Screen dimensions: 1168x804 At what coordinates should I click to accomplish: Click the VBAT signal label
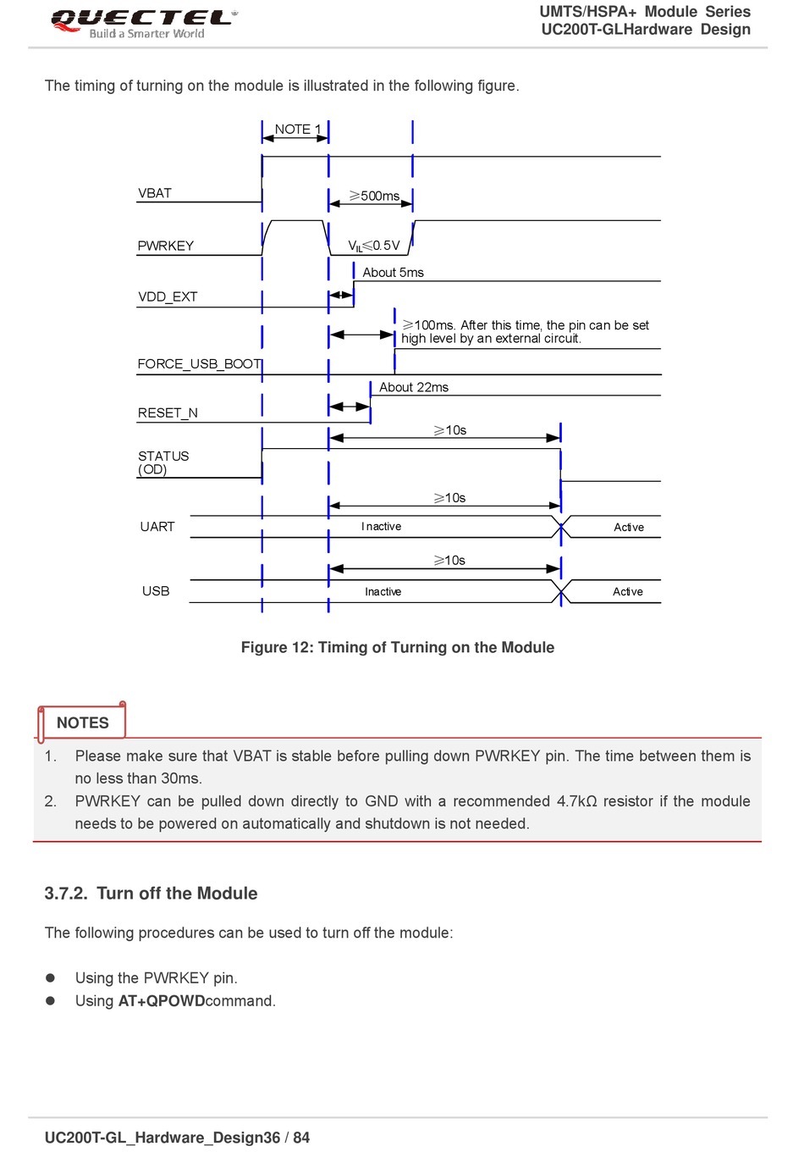(x=155, y=193)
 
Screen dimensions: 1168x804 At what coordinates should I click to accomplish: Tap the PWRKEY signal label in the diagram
(x=166, y=246)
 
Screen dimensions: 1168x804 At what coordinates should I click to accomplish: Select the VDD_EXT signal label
(x=168, y=296)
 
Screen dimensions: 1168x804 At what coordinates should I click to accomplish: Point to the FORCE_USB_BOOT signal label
(x=200, y=364)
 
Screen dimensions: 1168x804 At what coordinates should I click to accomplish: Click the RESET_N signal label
(x=168, y=413)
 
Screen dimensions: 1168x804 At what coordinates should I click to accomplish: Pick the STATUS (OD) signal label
(x=163, y=462)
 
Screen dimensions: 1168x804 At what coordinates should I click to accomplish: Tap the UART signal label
(x=157, y=527)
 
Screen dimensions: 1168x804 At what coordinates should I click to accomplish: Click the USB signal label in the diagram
(x=156, y=591)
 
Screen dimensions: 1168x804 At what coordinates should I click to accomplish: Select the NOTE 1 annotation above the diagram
(x=298, y=130)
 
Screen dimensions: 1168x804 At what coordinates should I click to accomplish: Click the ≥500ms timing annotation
(x=374, y=196)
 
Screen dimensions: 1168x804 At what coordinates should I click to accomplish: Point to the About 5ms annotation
(x=393, y=273)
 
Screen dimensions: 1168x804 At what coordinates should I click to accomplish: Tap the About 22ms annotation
(x=413, y=387)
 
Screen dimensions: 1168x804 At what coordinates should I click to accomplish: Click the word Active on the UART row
(x=629, y=527)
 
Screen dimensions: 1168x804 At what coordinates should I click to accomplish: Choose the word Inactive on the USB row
(x=383, y=592)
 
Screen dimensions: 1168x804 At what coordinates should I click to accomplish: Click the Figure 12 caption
(x=398, y=647)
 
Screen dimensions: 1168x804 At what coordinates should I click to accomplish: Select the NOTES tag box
(x=82, y=722)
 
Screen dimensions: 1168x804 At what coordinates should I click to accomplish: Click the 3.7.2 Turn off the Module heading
(x=151, y=894)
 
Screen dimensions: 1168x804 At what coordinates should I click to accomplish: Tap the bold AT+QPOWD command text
(x=162, y=1001)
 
